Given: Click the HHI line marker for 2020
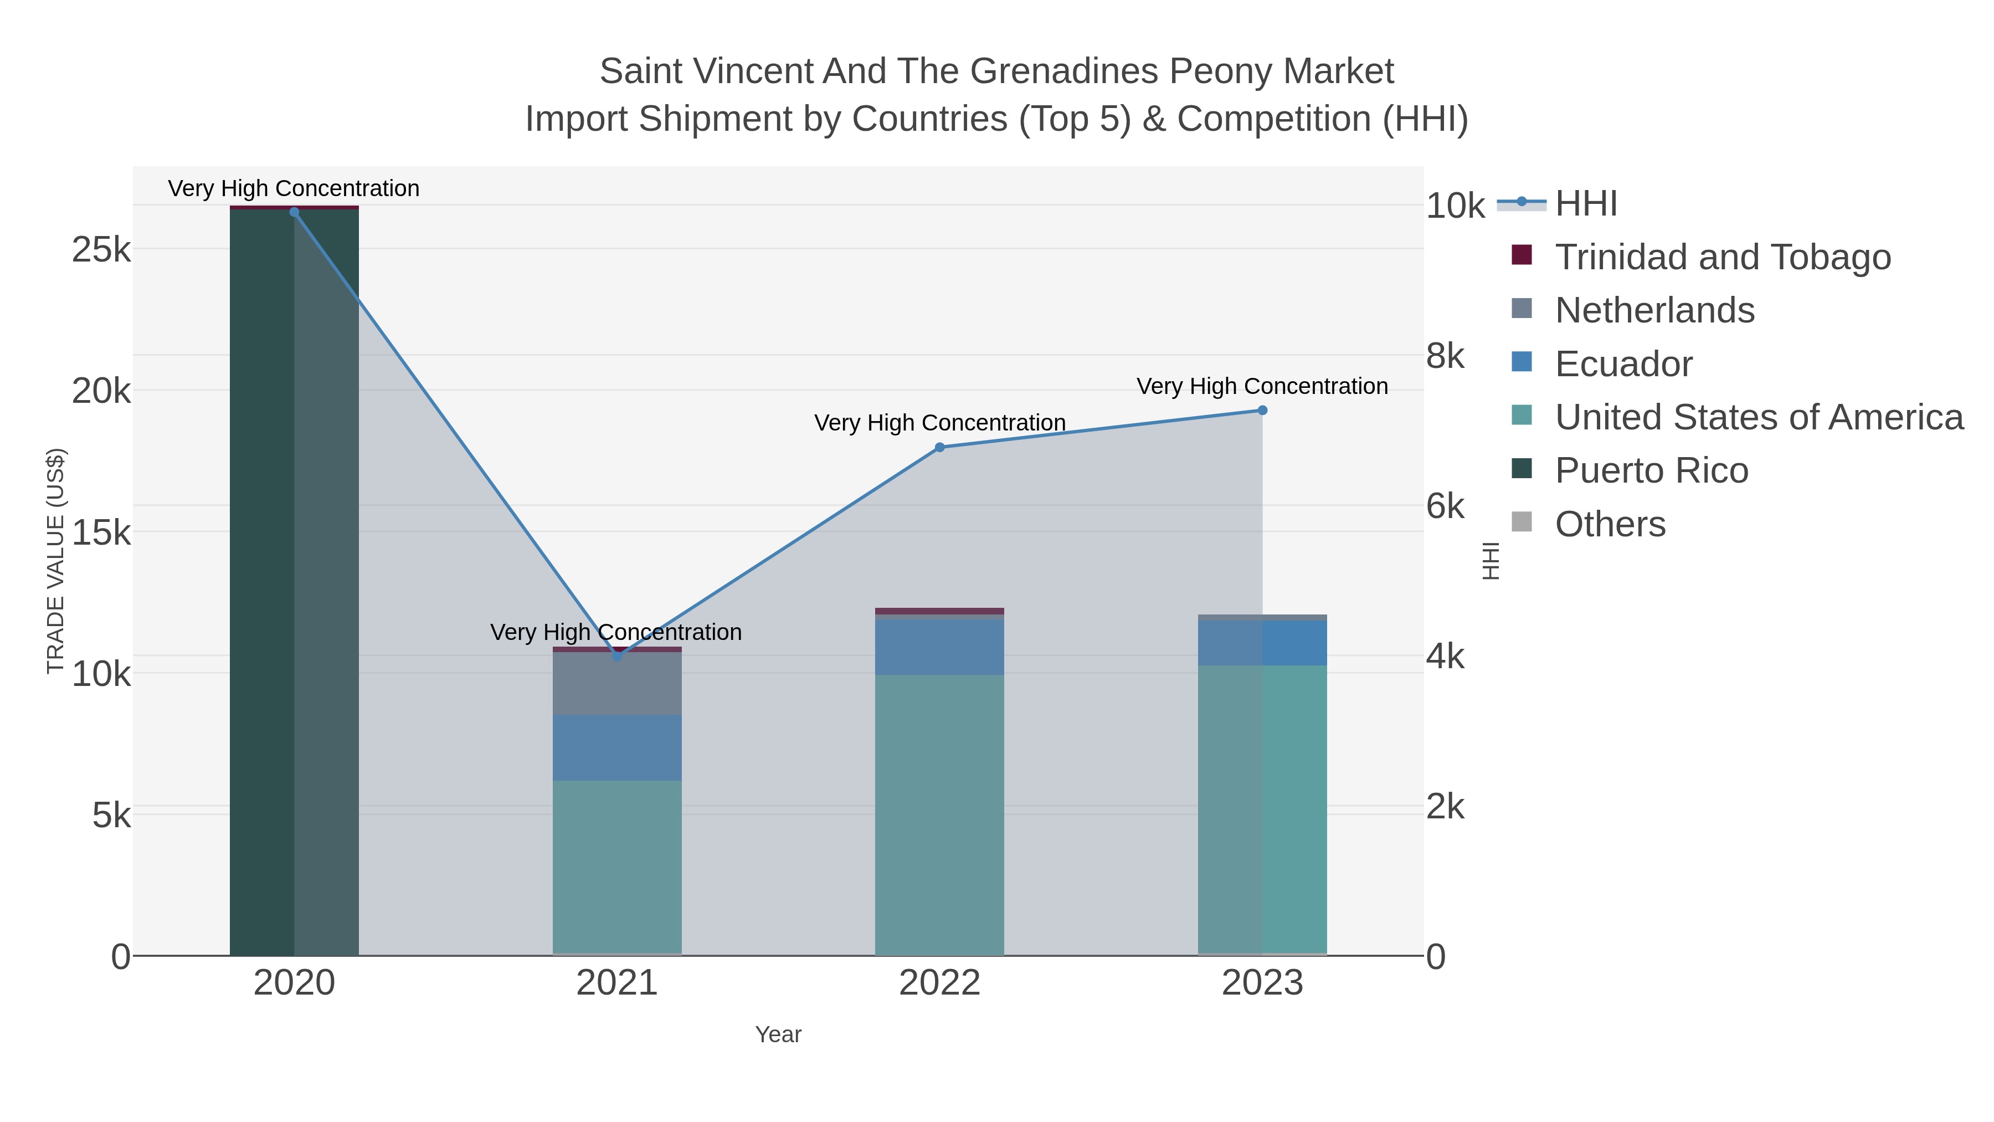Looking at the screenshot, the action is click(x=294, y=212).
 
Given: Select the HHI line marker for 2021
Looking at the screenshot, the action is click(x=617, y=657).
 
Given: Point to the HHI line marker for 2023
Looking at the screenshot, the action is click(x=1262, y=411).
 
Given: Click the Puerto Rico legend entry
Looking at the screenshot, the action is click(x=1630, y=470).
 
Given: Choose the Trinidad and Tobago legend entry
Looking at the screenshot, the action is click(x=1700, y=257).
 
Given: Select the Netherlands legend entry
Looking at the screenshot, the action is click(x=1632, y=310).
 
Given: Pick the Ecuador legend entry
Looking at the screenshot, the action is click(x=1601, y=363).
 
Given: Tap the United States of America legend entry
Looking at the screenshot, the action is click(x=1737, y=417).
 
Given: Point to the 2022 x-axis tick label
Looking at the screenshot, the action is click(x=940, y=982).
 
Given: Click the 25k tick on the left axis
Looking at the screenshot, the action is click(x=101, y=249).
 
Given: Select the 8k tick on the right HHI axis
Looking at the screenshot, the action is click(x=1445, y=356).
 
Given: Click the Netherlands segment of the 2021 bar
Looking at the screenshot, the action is click(x=617, y=683).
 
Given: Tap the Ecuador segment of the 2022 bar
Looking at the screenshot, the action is click(x=940, y=647).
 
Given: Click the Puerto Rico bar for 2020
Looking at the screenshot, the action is click(x=294, y=582).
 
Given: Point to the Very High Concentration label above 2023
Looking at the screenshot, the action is click(x=1262, y=386).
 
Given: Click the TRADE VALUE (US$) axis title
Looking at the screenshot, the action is click(x=56, y=561).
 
